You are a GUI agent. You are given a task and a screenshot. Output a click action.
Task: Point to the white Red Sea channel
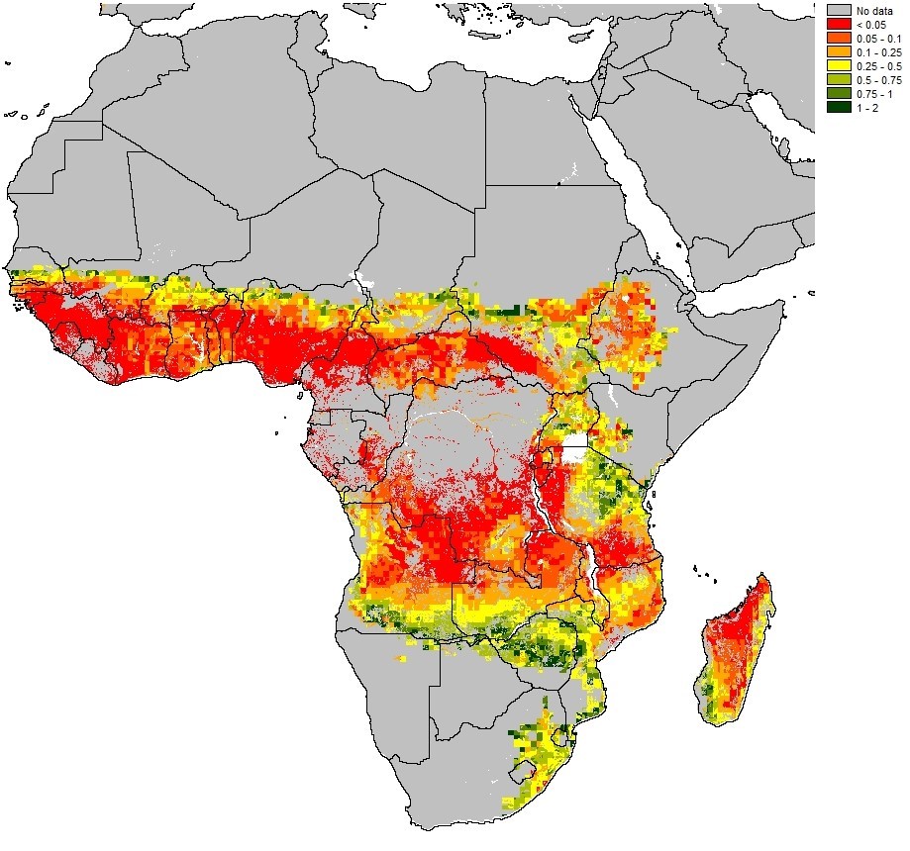634,188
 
